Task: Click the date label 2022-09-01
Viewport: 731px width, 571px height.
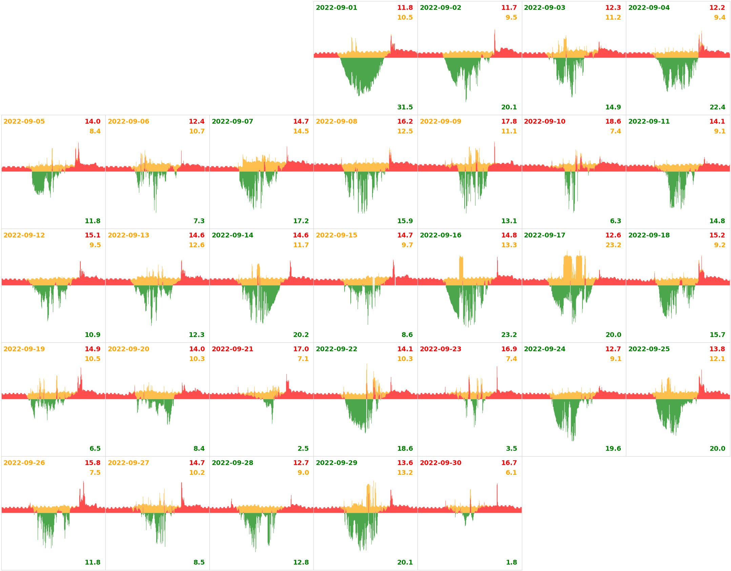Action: coord(336,8)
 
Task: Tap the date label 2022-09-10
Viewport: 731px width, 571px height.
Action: coord(544,122)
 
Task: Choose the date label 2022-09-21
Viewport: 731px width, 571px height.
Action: coord(232,349)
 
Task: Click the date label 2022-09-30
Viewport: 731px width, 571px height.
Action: coord(440,463)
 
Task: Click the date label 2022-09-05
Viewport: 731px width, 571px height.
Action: coord(24,122)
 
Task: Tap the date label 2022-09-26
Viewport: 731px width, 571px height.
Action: coord(24,463)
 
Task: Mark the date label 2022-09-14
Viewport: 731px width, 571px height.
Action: coord(232,235)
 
